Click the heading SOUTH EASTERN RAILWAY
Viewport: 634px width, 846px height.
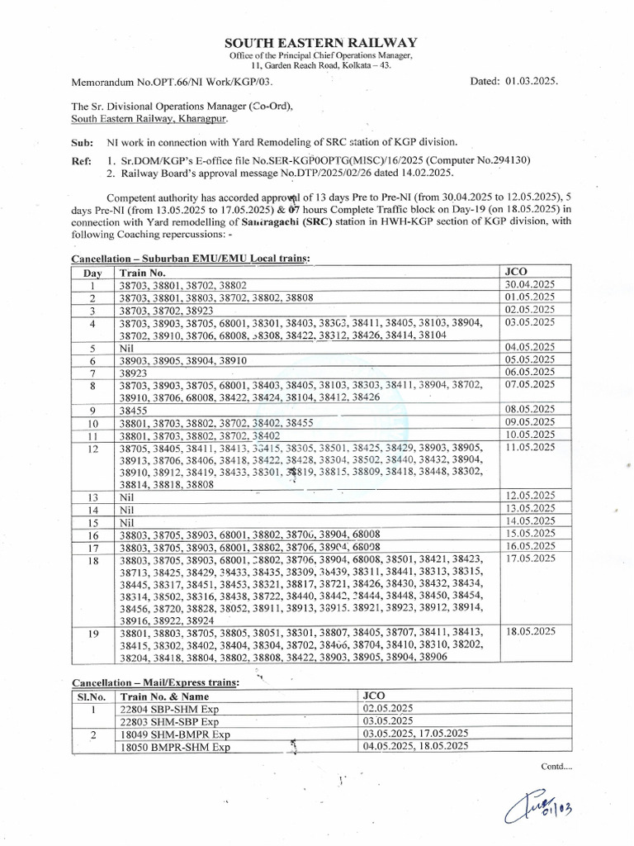[x=322, y=42]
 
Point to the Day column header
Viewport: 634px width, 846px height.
[x=92, y=271]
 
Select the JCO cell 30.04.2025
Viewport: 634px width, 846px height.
[x=529, y=284]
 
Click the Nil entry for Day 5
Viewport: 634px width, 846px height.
[x=126, y=349]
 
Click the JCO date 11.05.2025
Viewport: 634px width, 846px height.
[x=529, y=447]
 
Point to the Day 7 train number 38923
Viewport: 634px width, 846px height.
[x=135, y=373]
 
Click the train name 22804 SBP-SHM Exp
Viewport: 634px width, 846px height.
[x=163, y=708]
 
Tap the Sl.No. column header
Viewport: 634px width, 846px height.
[x=92, y=696]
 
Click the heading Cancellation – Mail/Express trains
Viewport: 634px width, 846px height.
[x=156, y=682]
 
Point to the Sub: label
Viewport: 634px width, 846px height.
[x=82, y=142]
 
